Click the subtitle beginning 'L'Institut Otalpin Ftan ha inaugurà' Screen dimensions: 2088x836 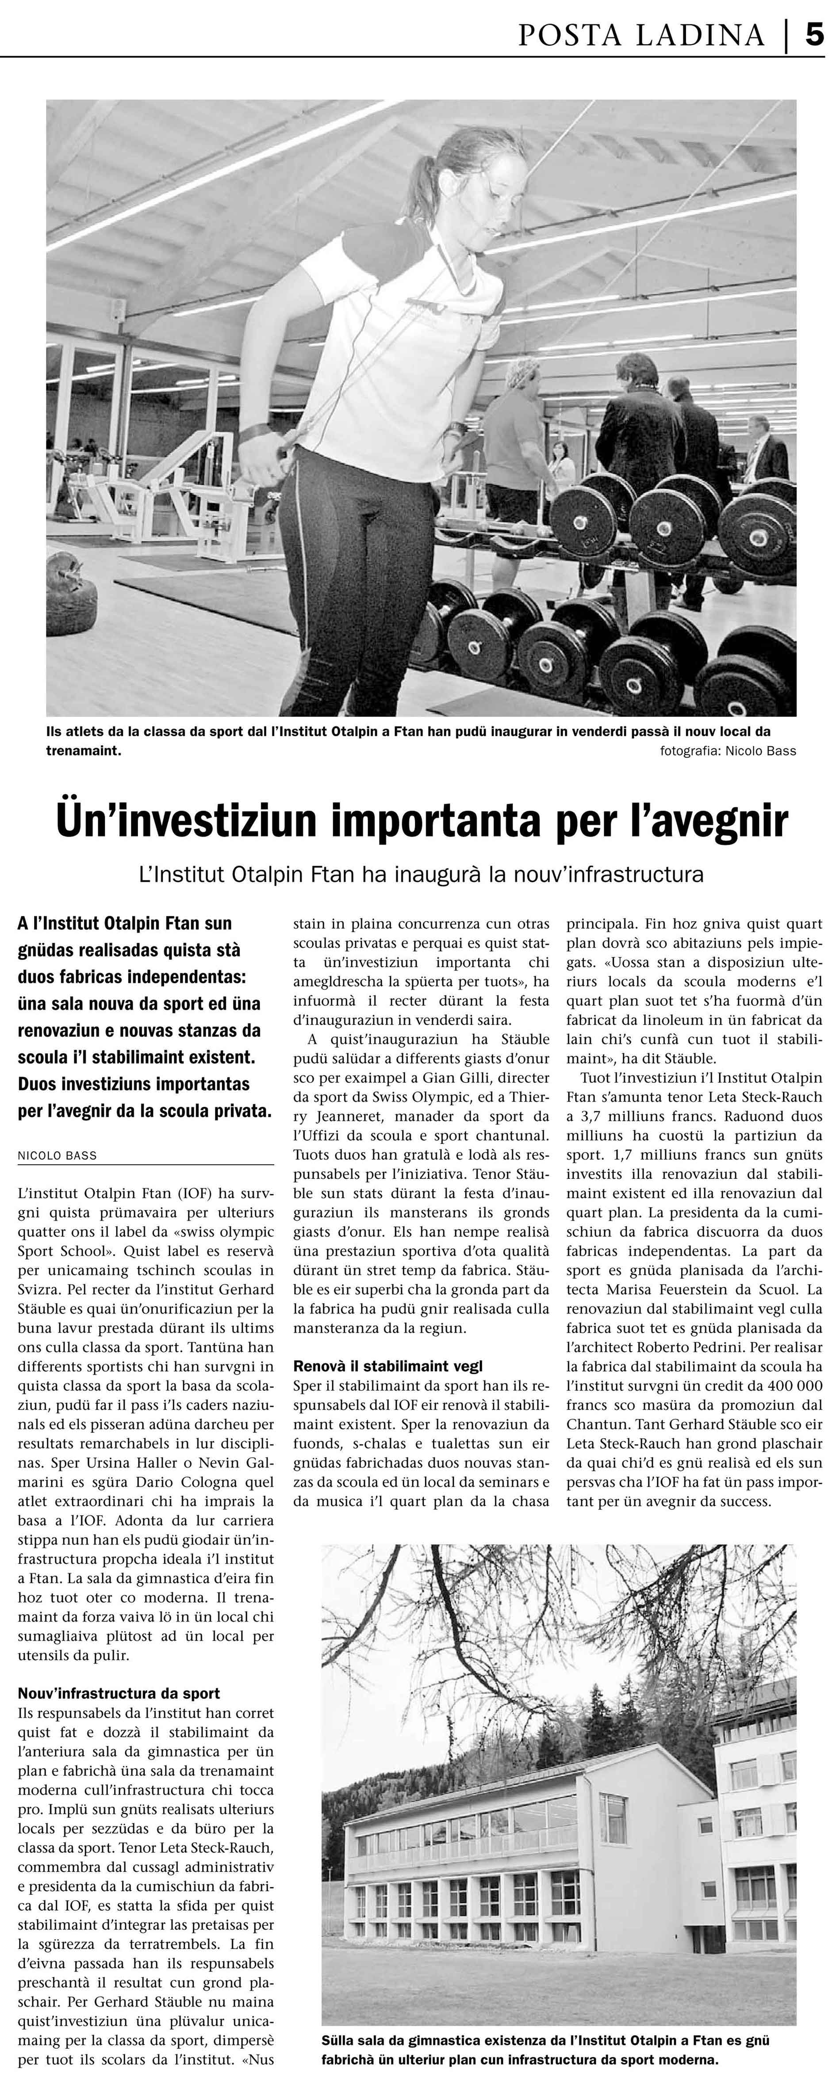coord(421,876)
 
